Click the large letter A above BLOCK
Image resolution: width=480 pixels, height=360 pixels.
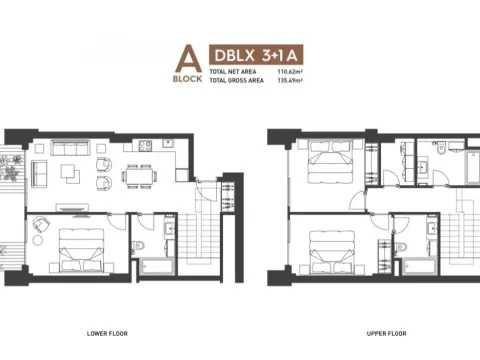[182, 60]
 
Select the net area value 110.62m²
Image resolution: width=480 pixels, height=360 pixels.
[286, 73]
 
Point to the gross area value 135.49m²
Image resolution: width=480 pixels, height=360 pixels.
[286, 80]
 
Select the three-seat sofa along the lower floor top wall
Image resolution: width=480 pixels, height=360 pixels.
[72, 148]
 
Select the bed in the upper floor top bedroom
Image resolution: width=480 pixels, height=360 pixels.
[327, 159]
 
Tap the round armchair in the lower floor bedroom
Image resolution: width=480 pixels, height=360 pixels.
[38, 226]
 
